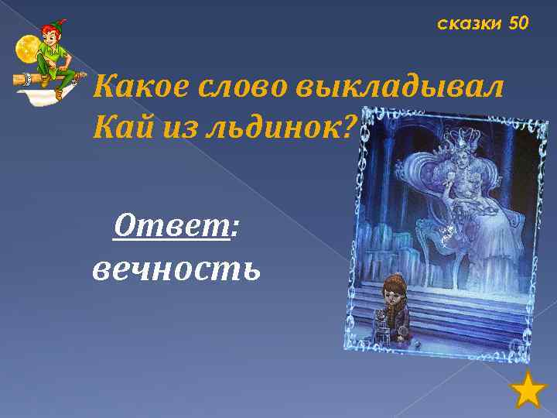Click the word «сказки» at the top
pyautogui.click(x=470, y=24)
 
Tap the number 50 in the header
pyautogui.click(x=518, y=24)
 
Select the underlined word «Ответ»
pyautogui.click(x=172, y=228)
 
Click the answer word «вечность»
pyautogui.click(x=176, y=268)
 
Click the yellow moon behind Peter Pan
pyautogui.click(x=28, y=48)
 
